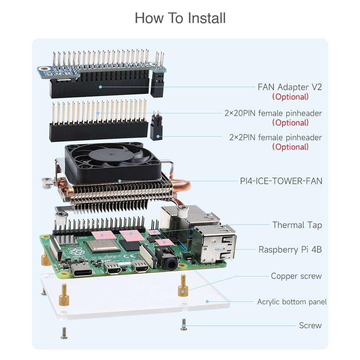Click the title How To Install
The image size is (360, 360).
(180, 18)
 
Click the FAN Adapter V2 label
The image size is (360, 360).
(290, 87)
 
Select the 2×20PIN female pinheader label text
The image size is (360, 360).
(273, 113)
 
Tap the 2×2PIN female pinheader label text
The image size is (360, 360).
(275, 137)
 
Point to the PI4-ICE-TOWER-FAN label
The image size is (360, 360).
(281, 181)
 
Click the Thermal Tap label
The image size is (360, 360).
(297, 225)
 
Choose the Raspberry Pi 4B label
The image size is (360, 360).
(290, 249)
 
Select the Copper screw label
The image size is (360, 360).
(296, 276)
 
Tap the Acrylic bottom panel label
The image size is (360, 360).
(291, 302)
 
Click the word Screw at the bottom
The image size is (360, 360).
(310, 325)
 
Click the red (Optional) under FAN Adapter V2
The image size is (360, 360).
(290, 97)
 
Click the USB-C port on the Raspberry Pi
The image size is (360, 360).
(81, 270)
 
